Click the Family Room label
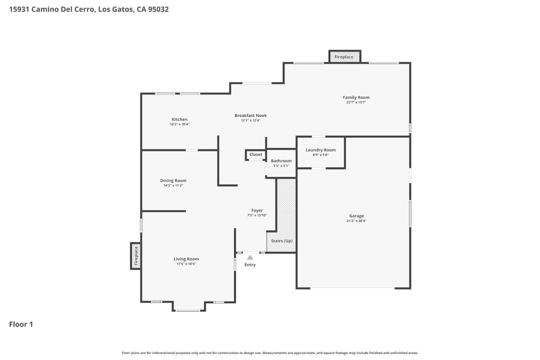coord(356,97)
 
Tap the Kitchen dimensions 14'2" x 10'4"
coord(180,124)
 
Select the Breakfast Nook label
coord(250,115)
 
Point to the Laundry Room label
coord(321,150)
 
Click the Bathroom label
coord(281,161)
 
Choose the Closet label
coord(256,154)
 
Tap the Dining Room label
coord(173,180)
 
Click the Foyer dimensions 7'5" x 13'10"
coord(257,215)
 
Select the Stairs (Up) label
coord(282,241)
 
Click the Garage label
coord(356,216)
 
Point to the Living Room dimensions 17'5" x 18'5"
coord(186,264)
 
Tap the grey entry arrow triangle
coord(250,257)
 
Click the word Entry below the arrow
coord(250,265)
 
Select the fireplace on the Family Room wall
coord(344,57)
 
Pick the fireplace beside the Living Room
coord(136,256)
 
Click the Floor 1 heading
coord(21,324)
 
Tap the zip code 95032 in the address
coord(158,9)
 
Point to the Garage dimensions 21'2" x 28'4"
coord(356,221)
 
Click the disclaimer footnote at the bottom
coord(270,353)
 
